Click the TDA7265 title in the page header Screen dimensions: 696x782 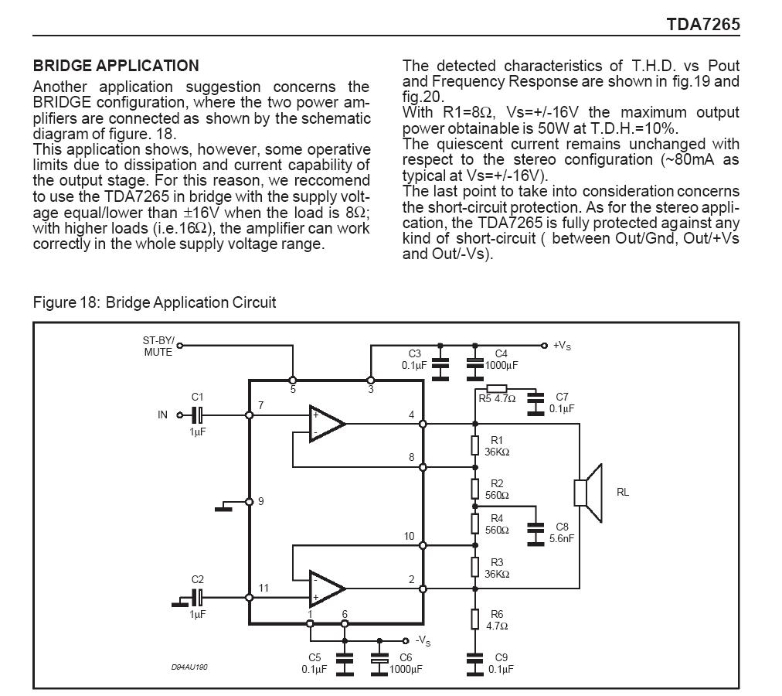click(x=703, y=24)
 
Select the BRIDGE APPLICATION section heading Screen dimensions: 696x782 click(x=116, y=66)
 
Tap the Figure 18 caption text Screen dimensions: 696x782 click(x=154, y=302)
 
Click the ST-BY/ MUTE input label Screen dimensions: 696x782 click(x=158, y=346)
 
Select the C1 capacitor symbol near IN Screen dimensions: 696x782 click(x=198, y=415)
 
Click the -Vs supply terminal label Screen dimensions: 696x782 click(x=423, y=641)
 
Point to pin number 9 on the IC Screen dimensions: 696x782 click(x=261, y=501)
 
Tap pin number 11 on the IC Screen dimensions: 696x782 click(x=263, y=588)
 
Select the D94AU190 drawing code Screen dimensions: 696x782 click(x=189, y=667)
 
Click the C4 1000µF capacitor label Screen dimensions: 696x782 click(x=501, y=360)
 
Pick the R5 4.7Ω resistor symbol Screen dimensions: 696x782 click(x=496, y=388)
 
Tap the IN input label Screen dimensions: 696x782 click(x=162, y=415)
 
